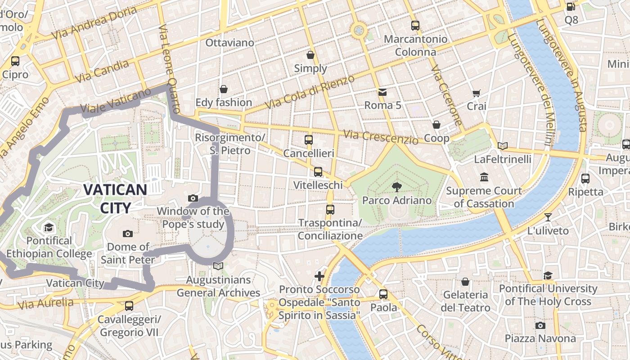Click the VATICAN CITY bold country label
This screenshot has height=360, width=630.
[x=115, y=198]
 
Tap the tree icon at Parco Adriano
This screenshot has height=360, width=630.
[x=396, y=187]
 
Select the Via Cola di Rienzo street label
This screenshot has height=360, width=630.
[x=310, y=92]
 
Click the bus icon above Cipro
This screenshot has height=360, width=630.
[x=15, y=61]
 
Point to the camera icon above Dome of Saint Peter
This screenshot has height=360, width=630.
[x=128, y=234]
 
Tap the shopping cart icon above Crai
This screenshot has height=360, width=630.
[x=476, y=93]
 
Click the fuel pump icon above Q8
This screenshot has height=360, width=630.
[x=571, y=7]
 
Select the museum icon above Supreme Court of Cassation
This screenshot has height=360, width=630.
[x=484, y=177]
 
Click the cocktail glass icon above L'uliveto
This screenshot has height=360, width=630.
[x=548, y=217]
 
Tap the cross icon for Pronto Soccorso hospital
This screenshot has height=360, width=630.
[x=319, y=276]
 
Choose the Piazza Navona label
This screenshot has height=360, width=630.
[x=540, y=338]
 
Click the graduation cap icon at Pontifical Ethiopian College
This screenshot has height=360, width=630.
[x=49, y=227]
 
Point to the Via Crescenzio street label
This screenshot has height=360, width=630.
[x=381, y=137]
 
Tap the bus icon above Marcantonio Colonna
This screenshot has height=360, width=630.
[x=415, y=26]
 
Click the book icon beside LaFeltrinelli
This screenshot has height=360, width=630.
[x=503, y=146]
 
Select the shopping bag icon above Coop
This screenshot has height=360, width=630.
[x=436, y=125]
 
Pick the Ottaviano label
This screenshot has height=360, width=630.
[x=229, y=43]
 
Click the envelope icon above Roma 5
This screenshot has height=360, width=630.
[x=382, y=92]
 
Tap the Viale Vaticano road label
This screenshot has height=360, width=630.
[x=116, y=101]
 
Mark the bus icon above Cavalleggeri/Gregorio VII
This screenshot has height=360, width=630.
[x=129, y=306]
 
